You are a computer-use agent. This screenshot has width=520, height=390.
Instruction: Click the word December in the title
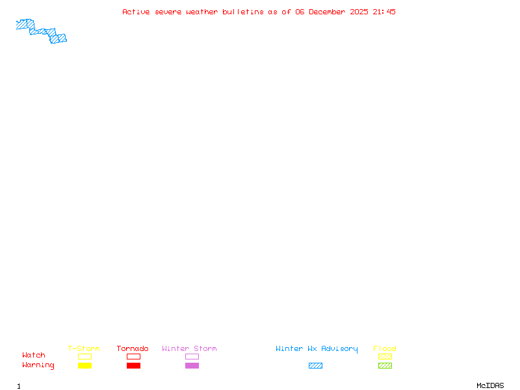pyautogui.click(x=327, y=12)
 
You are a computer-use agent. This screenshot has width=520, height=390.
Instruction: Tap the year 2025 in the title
pyautogui.click(x=359, y=12)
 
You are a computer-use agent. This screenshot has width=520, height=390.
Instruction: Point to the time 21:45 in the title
pyautogui.click(x=384, y=12)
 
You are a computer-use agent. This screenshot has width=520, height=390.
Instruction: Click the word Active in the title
pyautogui.click(x=136, y=12)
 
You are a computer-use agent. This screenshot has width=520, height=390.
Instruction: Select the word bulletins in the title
pyautogui.click(x=242, y=12)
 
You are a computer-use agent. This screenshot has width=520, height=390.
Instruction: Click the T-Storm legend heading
pyautogui.click(x=84, y=348)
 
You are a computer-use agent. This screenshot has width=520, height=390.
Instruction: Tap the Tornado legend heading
pyautogui.click(x=133, y=348)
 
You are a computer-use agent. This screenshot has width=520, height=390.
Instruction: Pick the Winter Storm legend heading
pyautogui.click(x=189, y=348)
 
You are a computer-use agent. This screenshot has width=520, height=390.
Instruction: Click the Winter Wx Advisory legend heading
pyautogui.click(x=317, y=349)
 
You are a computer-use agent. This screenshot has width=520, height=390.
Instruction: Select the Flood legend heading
pyautogui.click(x=385, y=348)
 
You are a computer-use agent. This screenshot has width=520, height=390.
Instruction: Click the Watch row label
pyautogui.click(x=34, y=355)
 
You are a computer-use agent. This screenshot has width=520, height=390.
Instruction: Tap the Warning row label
pyautogui.click(x=38, y=365)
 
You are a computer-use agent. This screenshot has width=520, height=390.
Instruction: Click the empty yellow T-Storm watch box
pyautogui.click(x=85, y=356)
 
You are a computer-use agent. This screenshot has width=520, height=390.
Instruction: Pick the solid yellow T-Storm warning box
pyautogui.click(x=85, y=365)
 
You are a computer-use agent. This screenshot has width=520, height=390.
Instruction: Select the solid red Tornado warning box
pyautogui.click(x=134, y=365)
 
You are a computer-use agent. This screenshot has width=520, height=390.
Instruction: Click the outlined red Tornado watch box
pyautogui.click(x=134, y=356)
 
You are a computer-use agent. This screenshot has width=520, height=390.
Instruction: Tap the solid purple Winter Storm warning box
pyautogui.click(x=192, y=365)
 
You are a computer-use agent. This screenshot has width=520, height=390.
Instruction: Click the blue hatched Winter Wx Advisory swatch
pyautogui.click(x=315, y=365)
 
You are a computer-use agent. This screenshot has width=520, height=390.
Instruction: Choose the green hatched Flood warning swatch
pyautogui.click(x=385, y=365)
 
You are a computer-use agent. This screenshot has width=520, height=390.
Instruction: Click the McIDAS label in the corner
pyautogui.click(x=490, y=385)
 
